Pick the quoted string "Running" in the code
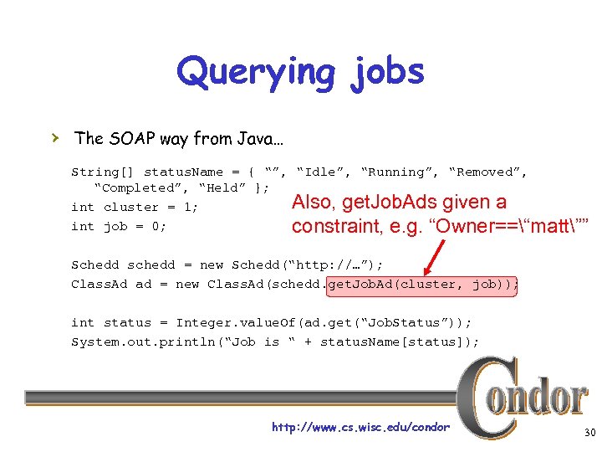coord(400,172)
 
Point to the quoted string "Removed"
coord(487,172)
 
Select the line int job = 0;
coord(118,226)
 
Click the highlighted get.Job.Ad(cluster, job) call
coord(422,285)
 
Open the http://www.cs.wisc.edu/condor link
coord(360,428)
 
